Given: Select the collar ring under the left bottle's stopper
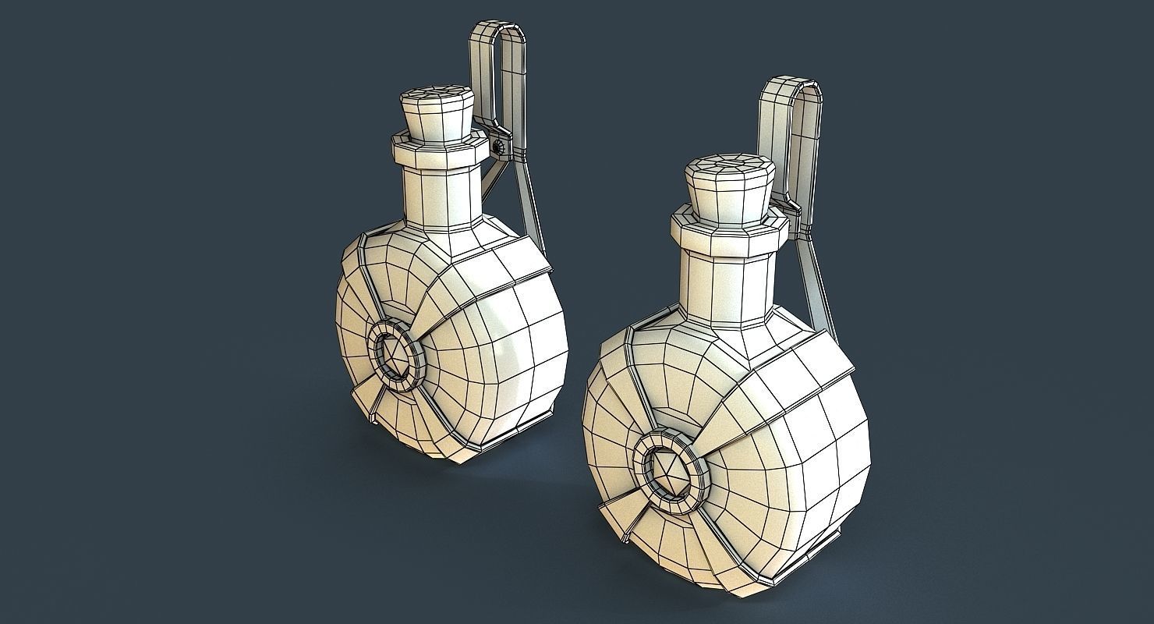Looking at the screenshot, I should (x=437, y=151).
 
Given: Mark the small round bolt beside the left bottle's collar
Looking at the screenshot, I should (x=497, y=146).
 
